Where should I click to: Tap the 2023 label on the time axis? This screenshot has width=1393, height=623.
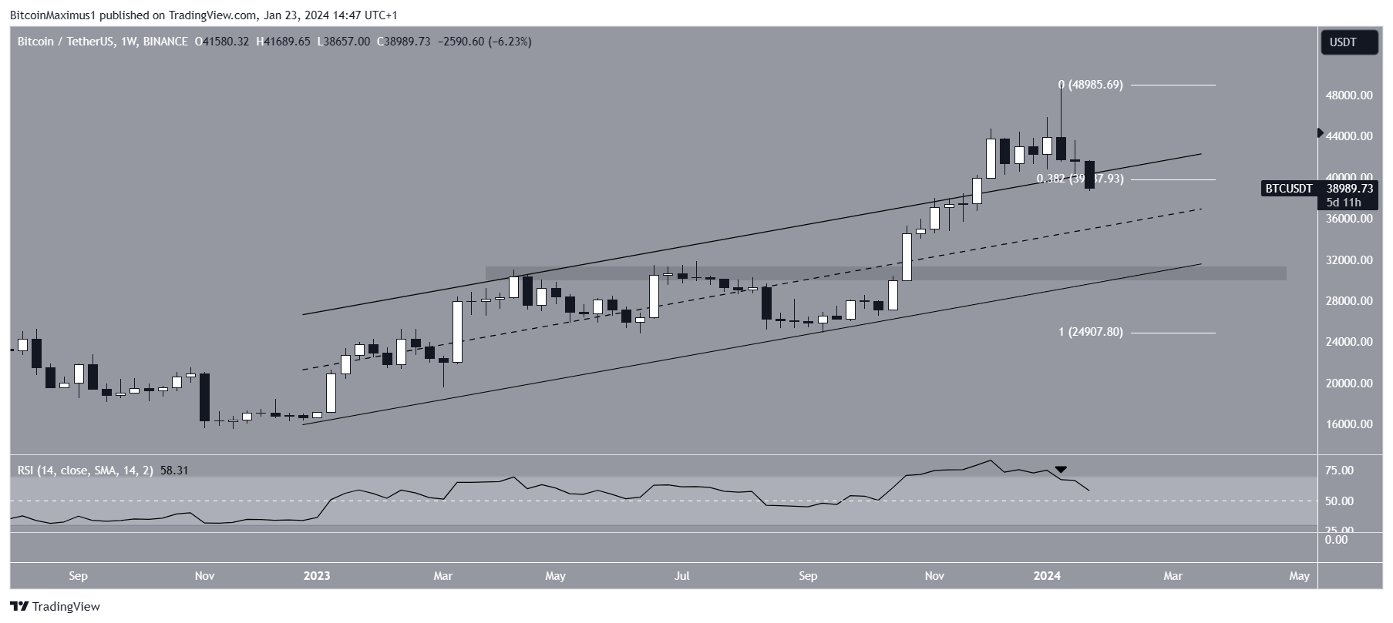(x=317, y=576)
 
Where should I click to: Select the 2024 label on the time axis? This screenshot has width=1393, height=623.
(x=1047, y=576)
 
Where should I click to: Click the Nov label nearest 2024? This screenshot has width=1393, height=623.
(x=934, y=576)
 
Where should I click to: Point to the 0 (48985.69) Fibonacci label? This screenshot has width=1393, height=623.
(x=1090, y=85)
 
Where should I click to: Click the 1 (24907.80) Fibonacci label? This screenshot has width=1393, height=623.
(x=1090, y=332)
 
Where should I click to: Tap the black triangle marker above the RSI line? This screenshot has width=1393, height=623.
(x=1061, y=469)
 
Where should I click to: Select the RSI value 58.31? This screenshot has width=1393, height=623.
(x=174, y=470)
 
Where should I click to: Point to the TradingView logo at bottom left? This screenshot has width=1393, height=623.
(x=55, y=607)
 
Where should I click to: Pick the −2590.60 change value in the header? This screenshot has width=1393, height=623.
(x=460, y=42)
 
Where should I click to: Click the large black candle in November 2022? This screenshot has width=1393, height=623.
(x=204, y=397)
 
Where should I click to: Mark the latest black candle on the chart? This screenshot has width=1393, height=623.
(x=1089, y=175)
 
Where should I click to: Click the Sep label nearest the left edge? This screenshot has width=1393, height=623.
(x=78, y=576)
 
